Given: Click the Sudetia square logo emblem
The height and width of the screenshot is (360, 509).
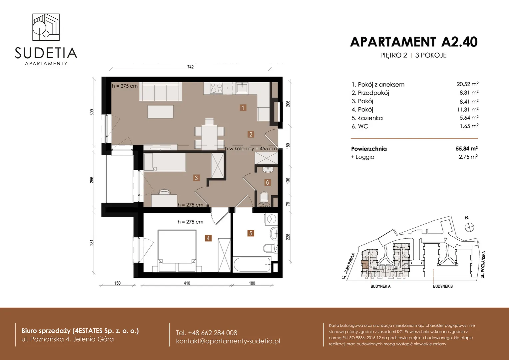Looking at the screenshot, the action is (46, 27).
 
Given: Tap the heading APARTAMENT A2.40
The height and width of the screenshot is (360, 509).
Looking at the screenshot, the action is (414, 42).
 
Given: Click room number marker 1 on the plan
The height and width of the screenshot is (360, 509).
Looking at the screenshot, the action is (243, 108).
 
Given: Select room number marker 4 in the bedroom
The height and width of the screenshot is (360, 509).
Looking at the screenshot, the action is (208, 238).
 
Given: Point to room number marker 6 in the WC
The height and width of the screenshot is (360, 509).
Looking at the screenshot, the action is (267, 182).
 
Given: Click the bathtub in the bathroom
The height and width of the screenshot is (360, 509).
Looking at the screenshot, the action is (252, 264).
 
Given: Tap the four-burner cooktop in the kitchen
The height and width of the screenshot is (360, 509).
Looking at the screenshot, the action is (216, 88).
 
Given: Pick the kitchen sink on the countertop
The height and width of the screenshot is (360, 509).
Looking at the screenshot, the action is (242, 88).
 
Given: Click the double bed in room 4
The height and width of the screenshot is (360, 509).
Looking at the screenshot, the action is (177, 251).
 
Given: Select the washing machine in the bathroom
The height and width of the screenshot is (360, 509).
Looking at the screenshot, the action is (271, 219).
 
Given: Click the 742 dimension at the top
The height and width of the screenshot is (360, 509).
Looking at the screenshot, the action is (191, 67).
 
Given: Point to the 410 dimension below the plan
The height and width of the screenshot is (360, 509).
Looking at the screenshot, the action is (187, 283).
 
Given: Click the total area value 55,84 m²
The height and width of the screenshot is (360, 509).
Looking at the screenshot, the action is (467, 149).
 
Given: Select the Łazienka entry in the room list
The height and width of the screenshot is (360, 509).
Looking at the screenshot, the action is (367, 118).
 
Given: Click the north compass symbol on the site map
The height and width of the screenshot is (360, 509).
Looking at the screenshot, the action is (469, 227).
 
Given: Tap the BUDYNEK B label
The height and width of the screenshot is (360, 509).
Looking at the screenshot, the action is (443, 286).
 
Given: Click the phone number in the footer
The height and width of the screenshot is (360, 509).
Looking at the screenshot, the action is (207, 333).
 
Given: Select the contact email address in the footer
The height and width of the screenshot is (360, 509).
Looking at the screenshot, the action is (228, 341).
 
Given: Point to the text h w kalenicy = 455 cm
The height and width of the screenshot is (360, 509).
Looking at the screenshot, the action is (251, 149).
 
